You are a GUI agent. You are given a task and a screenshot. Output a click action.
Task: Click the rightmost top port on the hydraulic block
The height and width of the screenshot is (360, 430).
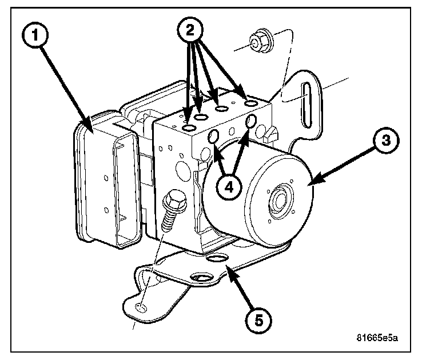pos(251,103)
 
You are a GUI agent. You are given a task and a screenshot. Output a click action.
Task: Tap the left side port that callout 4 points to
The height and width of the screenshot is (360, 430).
pos(213,137)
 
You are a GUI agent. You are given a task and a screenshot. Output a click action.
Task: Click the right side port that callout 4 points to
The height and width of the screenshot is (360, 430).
pos(251,122)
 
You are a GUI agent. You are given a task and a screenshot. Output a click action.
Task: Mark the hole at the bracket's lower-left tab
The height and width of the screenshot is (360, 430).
pos(141,308)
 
